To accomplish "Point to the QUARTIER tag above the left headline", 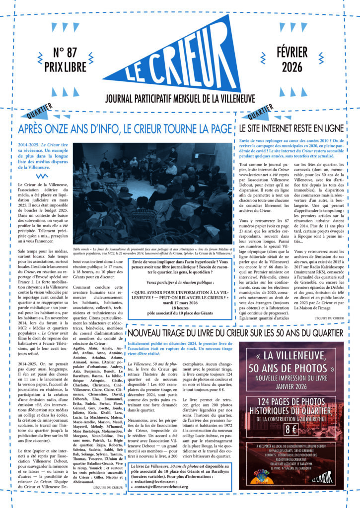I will tap(47, 115).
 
